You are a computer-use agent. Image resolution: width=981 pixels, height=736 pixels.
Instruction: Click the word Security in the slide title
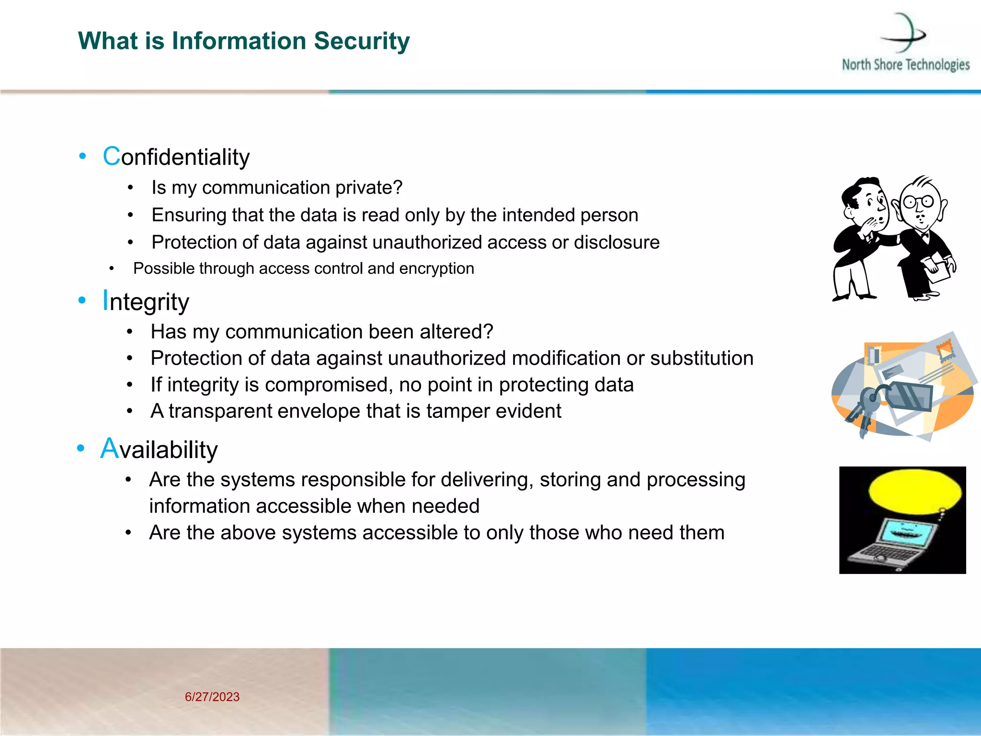tap(362, 41)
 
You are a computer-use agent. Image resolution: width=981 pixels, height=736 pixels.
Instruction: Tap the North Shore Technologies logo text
tap(905, 65)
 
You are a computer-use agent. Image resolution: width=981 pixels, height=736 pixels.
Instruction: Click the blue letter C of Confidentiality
tap(111, 157)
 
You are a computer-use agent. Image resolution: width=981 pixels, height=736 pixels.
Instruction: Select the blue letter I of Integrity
tap(105, 301)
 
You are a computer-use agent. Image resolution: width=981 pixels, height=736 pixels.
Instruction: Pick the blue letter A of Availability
tap(109, 449)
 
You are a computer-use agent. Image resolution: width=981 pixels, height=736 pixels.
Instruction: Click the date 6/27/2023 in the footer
tap(212, 697)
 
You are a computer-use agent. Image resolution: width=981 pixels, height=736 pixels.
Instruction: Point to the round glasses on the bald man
tap(919, 202)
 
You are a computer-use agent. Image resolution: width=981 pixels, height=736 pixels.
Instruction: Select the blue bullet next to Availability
tap(80, 448)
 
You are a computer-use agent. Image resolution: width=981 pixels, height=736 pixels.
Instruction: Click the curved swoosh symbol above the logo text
tap(904, 33)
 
